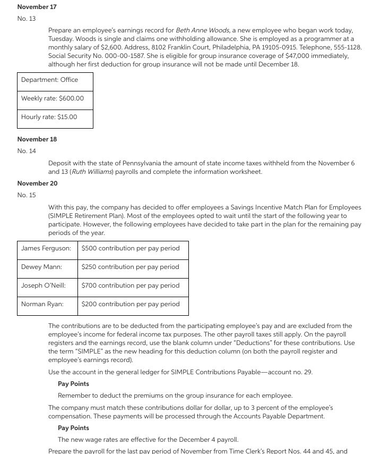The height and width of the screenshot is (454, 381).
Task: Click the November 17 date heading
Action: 37,7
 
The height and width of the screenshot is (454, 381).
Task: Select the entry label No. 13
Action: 27,19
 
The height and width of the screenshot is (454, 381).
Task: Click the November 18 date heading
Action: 37,139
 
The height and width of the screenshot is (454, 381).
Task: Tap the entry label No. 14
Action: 27,151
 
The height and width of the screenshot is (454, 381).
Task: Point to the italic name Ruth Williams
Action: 91,172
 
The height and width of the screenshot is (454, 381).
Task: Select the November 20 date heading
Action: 37,183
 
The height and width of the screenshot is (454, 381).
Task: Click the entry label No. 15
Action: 27,195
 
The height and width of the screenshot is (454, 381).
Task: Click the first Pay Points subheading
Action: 73,384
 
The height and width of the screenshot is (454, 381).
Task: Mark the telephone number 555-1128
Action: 347,47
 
